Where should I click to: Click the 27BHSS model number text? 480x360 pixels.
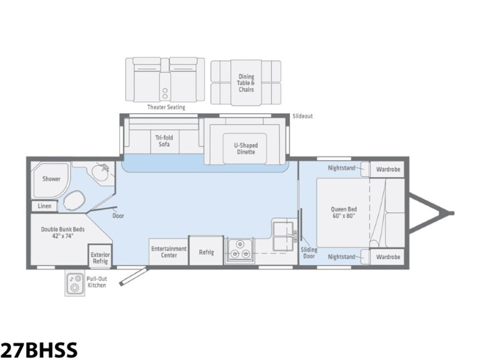[x=39, y=350]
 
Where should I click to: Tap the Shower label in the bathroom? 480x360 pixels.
[x=51, y=179]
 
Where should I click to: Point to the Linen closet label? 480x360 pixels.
[x=45, y=206]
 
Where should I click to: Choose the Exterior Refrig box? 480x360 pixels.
[x=100, y=255]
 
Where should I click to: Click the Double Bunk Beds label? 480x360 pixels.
[x=63, y=232]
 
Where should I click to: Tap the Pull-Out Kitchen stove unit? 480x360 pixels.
[x=75, y=283]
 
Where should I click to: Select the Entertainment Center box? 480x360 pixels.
[x=168, y=252]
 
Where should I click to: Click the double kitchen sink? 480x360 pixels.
[x=283, y=235]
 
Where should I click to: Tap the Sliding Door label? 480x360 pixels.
[x=308, y=253]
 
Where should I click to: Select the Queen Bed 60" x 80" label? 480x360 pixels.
[x=344, y=212]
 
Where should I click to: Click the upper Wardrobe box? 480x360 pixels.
[x=387, y=169]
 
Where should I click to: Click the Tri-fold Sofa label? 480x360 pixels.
[x=164, y=141]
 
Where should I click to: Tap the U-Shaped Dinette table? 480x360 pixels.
[x=245, y=149]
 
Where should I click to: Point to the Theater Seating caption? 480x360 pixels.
[x=166, y=107]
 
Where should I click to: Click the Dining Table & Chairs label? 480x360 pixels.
[x=246, y=83]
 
